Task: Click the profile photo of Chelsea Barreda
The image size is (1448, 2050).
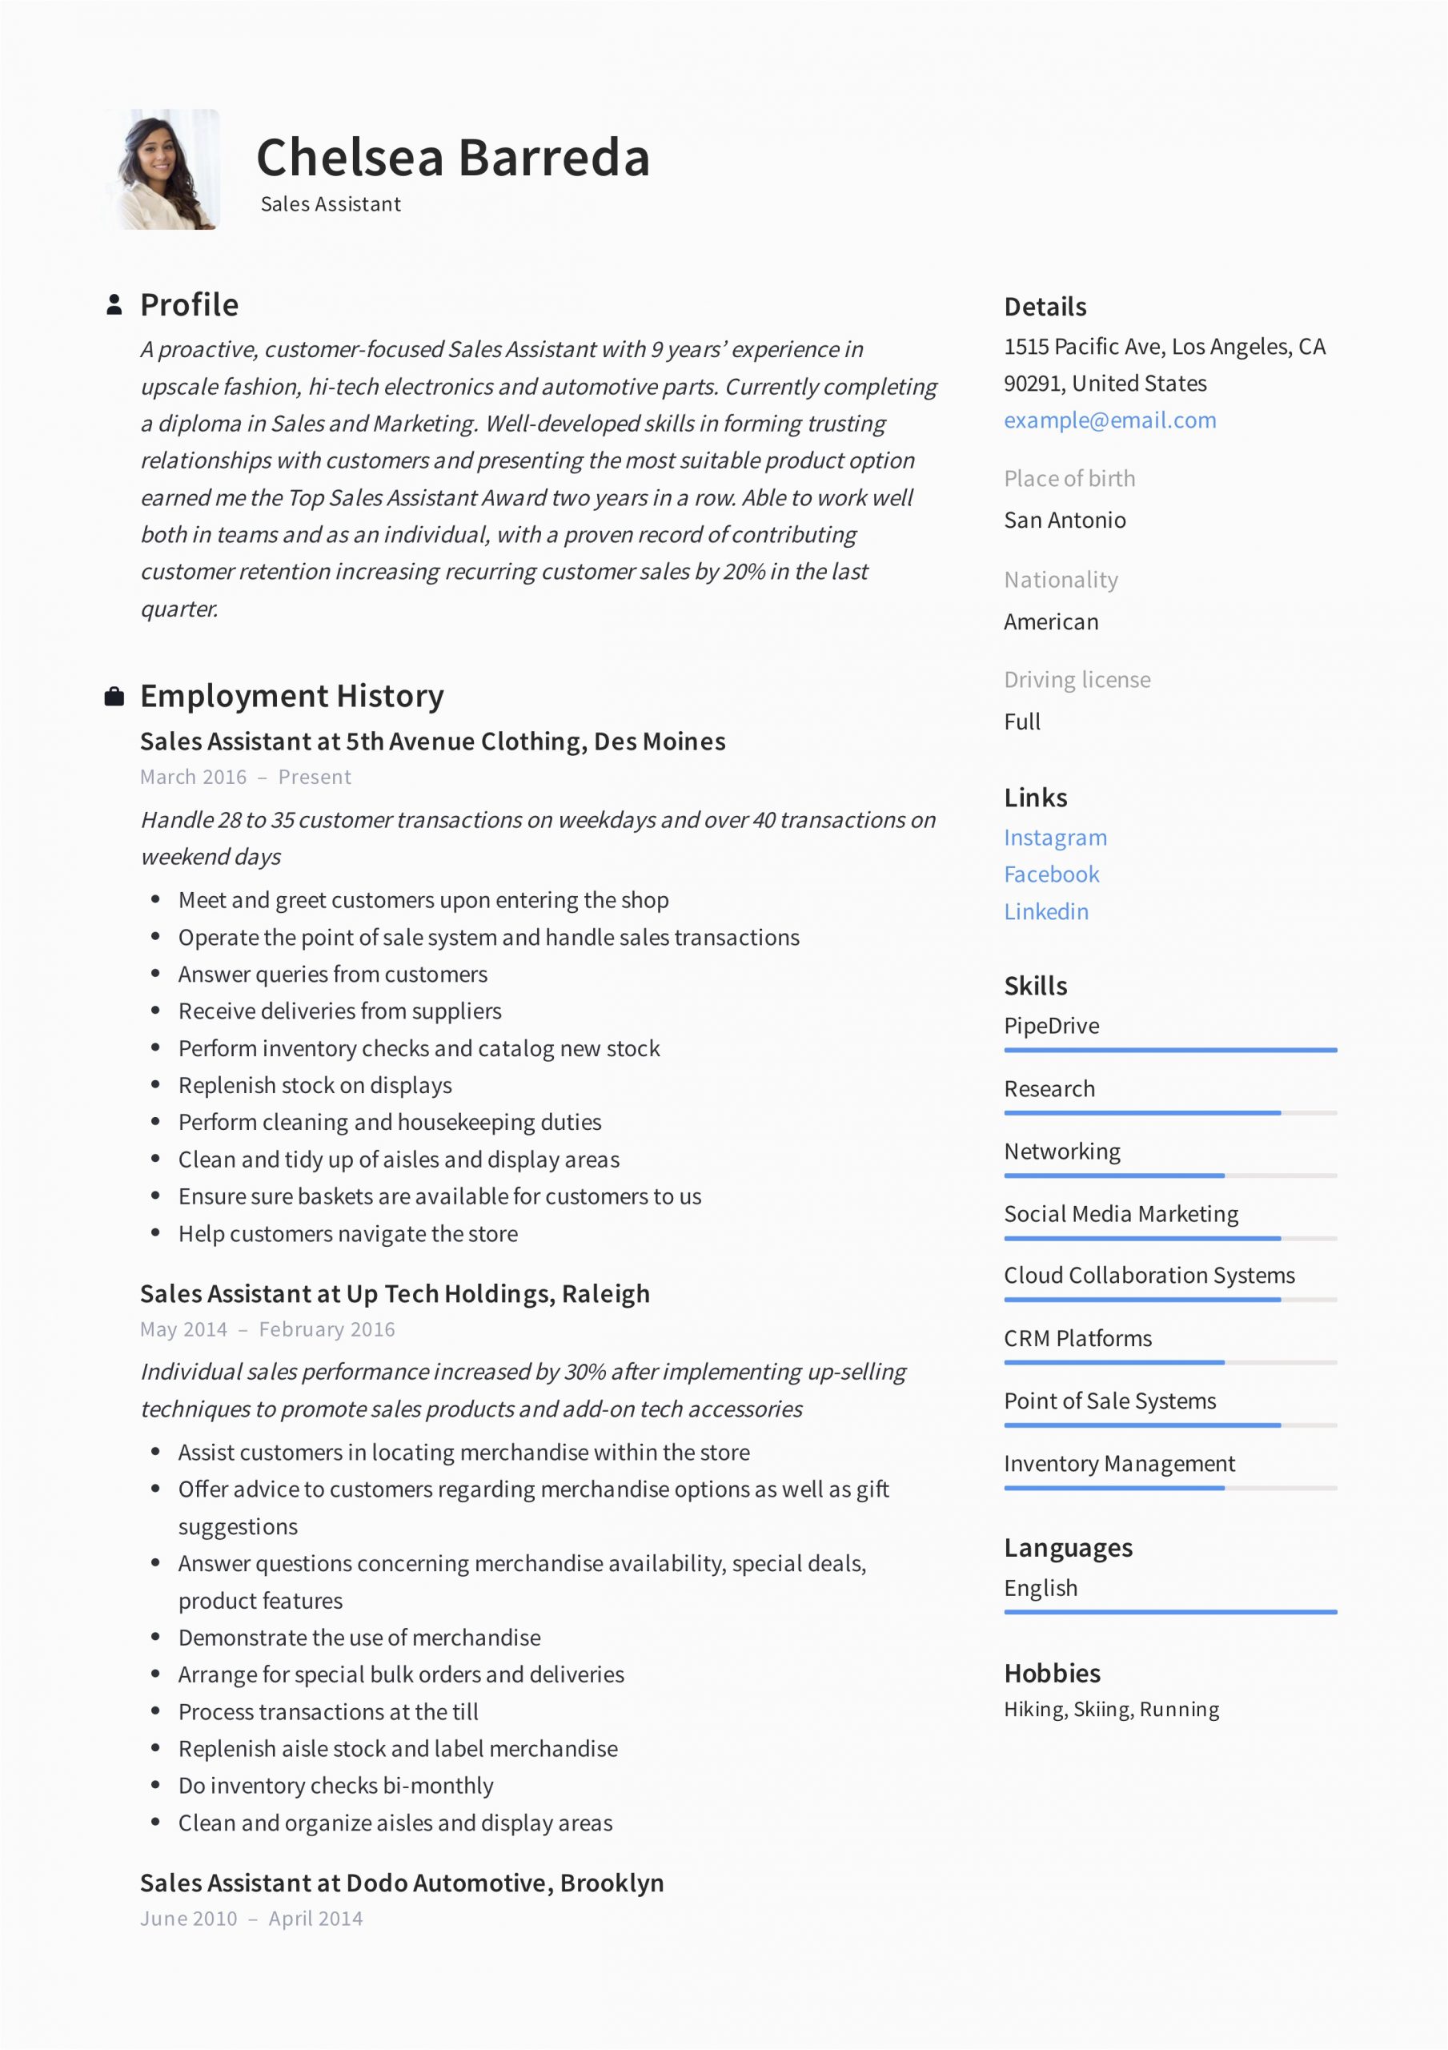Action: click(162, 170)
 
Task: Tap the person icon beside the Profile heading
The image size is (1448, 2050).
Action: click(114, 304)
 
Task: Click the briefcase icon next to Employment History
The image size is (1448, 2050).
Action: click(114, 697)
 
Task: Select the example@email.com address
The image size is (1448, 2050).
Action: click(1109, 420)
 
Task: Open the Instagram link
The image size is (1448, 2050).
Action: click(1055, 838)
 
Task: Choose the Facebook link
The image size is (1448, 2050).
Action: click(1052, 875)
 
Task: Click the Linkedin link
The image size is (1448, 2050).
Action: click(1046, 911)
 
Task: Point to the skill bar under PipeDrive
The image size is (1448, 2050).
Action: click(1170, 1050)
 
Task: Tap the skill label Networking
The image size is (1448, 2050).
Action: click(1062, 1152)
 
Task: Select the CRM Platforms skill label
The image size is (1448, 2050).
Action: click(1077, 1338)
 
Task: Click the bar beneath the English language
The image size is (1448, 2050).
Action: click(1170, 1612)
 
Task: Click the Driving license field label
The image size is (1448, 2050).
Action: click(1077, 680)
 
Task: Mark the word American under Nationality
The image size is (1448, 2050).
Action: click(1051, 622)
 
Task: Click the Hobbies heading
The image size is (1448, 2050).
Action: click(1052, 1673)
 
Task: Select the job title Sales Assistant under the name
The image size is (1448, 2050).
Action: click(331, 204)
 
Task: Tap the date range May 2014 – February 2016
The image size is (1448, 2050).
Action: click(267, 1329)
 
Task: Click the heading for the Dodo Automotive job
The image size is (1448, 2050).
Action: click(402, 1883)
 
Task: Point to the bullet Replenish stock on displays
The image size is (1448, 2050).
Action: click(315, 1086)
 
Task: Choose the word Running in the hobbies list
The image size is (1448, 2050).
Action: click(1179, 1710)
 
